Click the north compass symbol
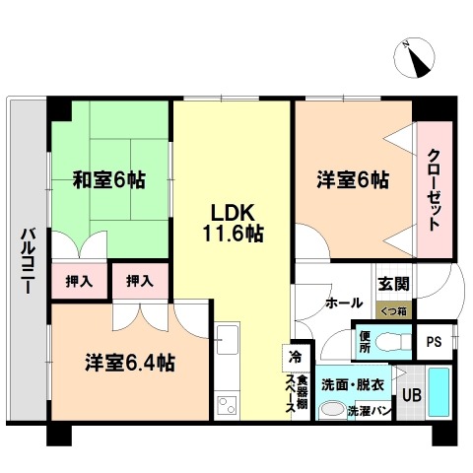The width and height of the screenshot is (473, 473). tap(414, 58)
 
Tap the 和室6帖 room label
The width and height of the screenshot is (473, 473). tap(109, 180)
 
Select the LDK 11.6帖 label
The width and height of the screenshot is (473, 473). tap(233, 224)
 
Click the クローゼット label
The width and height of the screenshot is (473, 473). tap(435, 190)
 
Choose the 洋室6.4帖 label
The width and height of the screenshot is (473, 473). tap(130, 363)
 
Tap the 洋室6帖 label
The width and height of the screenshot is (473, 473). tap(353, 180)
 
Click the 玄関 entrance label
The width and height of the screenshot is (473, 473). tap(393, 284)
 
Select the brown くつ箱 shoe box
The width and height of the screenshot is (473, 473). tap(393, 309)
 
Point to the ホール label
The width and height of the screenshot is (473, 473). tap(344, 303)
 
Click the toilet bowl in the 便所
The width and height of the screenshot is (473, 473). tap(393, 342)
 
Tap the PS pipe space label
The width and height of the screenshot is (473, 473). tap(434, 342)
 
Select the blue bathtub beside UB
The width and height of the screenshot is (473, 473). tap(439, 392)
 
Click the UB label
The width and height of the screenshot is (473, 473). tap(412, 395)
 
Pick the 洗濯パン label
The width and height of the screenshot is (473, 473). tap(370, 411)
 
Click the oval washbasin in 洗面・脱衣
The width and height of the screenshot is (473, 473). tap(333, 410)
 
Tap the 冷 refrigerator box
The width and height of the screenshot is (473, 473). tap(296, 358)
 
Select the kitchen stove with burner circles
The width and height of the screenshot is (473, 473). tap(228, 405)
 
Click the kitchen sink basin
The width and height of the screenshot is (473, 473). tap(228, 340)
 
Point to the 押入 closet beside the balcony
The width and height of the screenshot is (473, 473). tap(79, 281)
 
